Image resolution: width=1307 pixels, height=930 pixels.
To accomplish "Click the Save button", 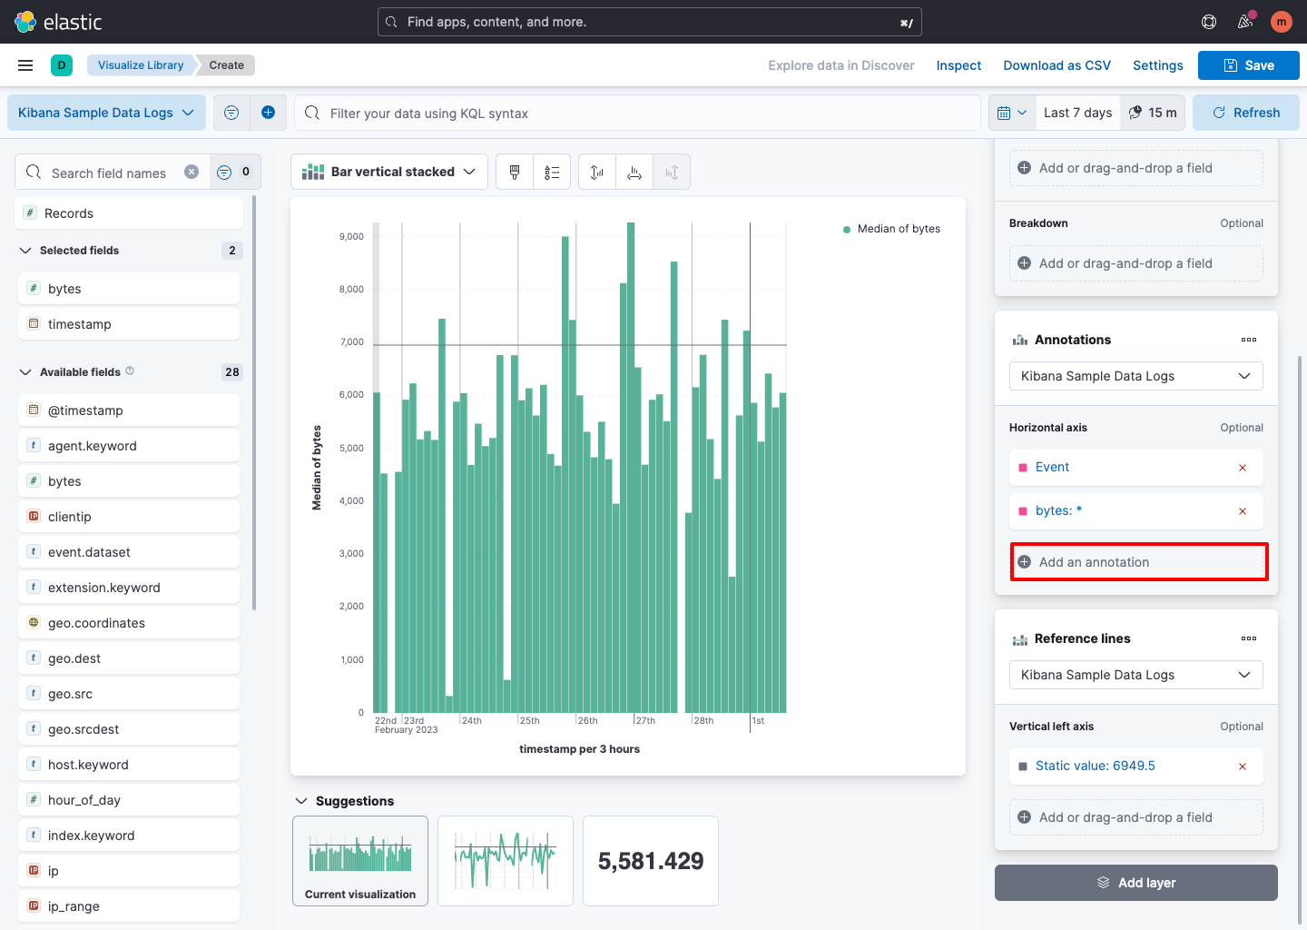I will (x=1248, y=65).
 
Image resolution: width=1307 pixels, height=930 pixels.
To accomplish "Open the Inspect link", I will (x=958, y=65).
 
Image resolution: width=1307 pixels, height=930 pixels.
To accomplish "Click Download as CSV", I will (x=1056, y=65).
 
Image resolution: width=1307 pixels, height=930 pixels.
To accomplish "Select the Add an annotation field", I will (x=1139, y=562).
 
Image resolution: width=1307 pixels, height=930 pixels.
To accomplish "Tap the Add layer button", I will (x=1135, y=883).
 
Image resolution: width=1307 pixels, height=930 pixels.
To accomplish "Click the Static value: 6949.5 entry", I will (x=1095, y=766).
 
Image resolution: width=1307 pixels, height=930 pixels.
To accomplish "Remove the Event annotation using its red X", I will (x=1243, y=468).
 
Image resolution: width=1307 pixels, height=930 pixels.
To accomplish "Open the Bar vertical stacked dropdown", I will (x=389, y=172).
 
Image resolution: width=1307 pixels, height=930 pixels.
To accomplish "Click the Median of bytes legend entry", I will (x=898, y=229).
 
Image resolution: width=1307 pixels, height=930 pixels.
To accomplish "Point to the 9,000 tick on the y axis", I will (x=351, y=236).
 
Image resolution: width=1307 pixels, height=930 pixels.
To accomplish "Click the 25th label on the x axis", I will (x=530, y=721).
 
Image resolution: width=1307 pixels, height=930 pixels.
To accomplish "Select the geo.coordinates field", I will (x=96, y=623).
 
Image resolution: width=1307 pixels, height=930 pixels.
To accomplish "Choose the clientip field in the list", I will (x=70, y=517).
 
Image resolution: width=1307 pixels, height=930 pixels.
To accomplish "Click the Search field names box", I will (x=109, y=173).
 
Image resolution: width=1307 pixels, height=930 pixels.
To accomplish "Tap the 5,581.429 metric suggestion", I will (x=651, y=861).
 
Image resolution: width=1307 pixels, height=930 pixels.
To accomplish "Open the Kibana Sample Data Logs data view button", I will (x=106, y=113).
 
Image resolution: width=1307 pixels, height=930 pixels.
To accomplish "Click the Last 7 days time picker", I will (x=1077, y=113).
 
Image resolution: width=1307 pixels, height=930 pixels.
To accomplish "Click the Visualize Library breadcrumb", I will (x=141, y=65).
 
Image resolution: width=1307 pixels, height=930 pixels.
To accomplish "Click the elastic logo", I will (x=59, y=22).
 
